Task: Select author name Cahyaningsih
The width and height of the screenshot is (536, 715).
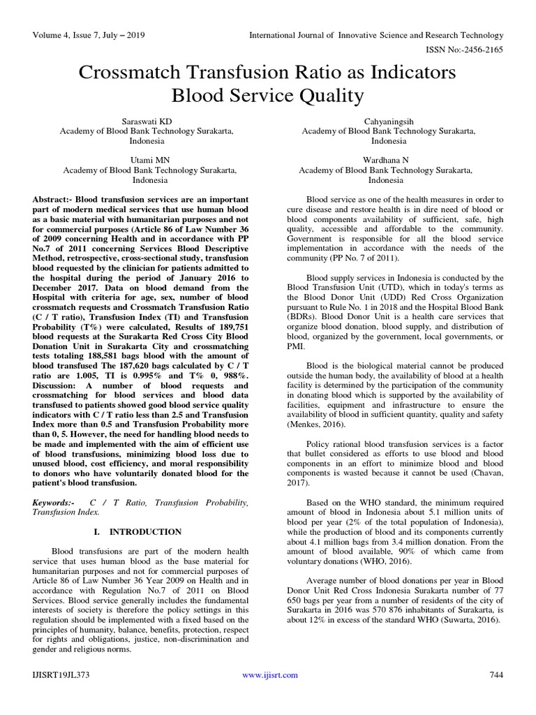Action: [x=385, y=121]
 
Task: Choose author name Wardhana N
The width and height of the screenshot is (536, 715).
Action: [x=385, y=160]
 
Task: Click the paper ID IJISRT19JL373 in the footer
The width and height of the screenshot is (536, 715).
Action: [x=61, y=675]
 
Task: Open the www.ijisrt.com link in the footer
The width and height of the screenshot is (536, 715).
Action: [x=269, y=675]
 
